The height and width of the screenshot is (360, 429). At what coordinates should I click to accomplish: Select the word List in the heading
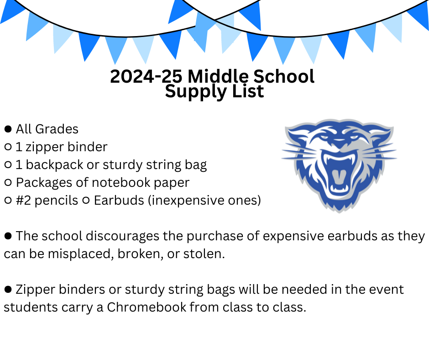(248, 91)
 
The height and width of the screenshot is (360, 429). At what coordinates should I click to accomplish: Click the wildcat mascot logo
(339, 165)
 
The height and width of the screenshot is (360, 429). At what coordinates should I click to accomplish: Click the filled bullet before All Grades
(8, 129)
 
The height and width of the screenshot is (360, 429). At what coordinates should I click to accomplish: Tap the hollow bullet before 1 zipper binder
(8, 147)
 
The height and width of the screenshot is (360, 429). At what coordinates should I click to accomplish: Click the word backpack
(54, 164)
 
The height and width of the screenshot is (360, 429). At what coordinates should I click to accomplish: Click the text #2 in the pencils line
(23, 200)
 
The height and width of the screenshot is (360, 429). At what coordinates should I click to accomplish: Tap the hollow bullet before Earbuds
(86, 200)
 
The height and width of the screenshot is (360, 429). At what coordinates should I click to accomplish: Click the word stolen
(204, 254)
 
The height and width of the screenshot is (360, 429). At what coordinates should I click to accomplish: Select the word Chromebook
(146, 307)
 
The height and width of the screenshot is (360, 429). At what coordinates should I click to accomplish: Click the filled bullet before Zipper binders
(8, 289)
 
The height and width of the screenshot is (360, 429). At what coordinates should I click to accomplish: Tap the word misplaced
(81, 254)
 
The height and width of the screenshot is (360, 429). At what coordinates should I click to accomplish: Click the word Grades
(57, 129)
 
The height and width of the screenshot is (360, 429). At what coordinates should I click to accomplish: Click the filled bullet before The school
(8, 236)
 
